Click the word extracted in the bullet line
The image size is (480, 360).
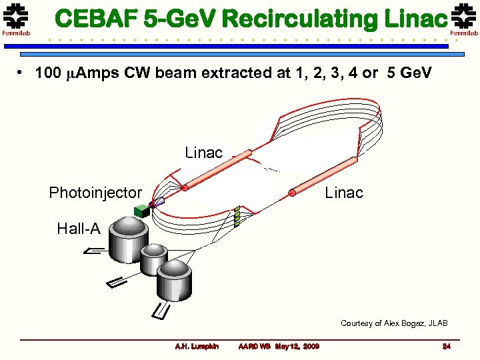[x=244, y=73]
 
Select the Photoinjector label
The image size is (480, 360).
[x=95, y=193]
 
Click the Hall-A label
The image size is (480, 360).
[x=79, y=229]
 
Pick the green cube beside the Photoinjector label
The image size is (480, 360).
[x=141, y=211]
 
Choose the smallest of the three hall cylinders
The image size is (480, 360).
[x=154, y=259]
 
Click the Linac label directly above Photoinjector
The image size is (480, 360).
[x=203, y=153]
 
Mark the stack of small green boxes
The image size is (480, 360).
[x=237, y=217]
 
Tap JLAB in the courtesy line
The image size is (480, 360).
[x=436, y=323]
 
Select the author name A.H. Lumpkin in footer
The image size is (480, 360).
[x=196, y=346]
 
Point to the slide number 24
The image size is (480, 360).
[x=447, y=346]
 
